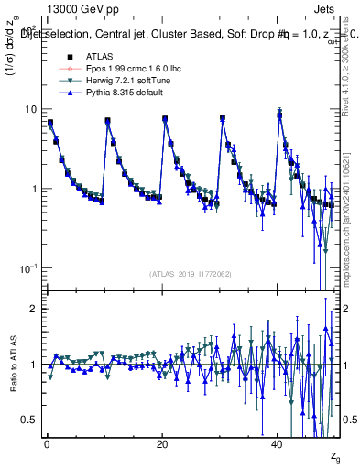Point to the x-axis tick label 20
[x=162, y=444]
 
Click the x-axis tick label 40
[x=278, y=444]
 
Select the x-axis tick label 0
[x=47, y=444]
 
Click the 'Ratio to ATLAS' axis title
[x=13, y=364]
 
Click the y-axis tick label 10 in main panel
[x=31, y=109]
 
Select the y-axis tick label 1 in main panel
[x=34, y=189]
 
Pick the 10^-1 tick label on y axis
[x=29, y=267]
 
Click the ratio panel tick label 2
[x=34, y=309]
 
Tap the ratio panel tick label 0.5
[x=29, y=420]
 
